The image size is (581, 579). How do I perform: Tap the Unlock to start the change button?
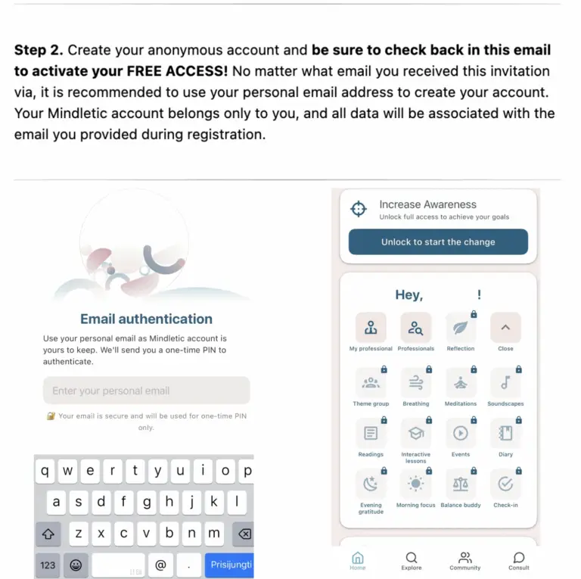tap(438, 242)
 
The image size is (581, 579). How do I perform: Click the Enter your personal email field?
tap(146, 391)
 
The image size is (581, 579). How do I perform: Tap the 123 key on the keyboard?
tap(48, 565)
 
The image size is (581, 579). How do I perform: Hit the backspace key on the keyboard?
tap(244, 534)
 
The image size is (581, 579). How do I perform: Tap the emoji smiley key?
tap(76, 565)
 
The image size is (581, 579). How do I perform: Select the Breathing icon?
tap(415, 383)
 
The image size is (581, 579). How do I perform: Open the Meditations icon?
tap(460, 383)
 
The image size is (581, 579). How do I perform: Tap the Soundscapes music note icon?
tap(505, 383)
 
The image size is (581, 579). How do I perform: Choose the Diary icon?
tap(505, 434)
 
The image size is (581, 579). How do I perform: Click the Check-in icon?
tap(505, 484)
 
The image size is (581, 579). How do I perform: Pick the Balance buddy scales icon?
tap(460, 484)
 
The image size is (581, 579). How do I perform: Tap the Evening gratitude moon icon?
tap(371, 484)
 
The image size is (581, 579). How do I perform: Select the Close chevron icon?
tap(505, 328)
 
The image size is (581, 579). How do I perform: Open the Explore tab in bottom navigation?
tap(412, 561)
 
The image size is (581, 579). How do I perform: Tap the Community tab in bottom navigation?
tap(465, 561)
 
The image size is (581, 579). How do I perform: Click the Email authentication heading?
tap(146, 319)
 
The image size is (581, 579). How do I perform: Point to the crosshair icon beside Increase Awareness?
tap(358, 210)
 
